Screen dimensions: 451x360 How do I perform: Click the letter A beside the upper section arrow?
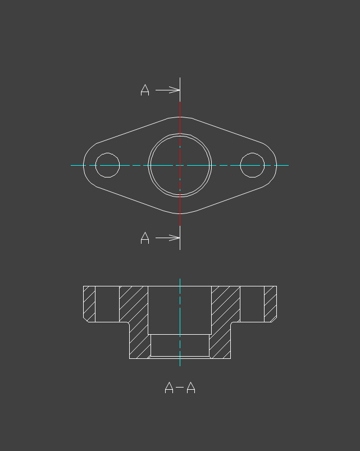pyautogui.click(x=145, y=90)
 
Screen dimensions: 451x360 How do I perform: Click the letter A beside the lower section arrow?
pyautogui.click(x=145, y=238)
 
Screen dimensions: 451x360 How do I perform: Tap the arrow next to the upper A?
pyautogui.click(x=168, y=90)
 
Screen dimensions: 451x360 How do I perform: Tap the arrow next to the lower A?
pyautogui.click(x=168, y=238)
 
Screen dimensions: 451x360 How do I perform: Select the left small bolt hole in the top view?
pyautogui.click(x=107, y=165)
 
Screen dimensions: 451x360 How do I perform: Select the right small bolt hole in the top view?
pyautogui.click(x=252, y=165)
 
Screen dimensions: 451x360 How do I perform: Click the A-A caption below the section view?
pyautogui.click(x=180, y=388)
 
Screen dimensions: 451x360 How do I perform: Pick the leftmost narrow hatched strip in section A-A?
pyautogui.click(x=89, y=303)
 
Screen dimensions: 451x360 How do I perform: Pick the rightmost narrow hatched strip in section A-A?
pyautogui.click(x=270, y=303)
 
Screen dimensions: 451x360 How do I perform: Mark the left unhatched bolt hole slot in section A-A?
pyautogui.click(x=107, y=304)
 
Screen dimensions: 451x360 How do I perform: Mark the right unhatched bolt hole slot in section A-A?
pyautogui.click(x=252, y=304)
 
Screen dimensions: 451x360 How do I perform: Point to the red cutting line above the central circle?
pyautogui.click(x=180, y=118)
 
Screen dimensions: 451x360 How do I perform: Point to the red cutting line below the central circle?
pyautogui.click(x=180, y=211)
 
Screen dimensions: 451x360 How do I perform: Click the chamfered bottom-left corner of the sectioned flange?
pyautogui.click(x=86, y=319)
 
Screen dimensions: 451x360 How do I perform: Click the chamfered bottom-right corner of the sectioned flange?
pyautogui.click(x=274, y=319)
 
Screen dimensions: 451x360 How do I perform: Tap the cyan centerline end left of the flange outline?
pyautogui.click(x=73, y=165)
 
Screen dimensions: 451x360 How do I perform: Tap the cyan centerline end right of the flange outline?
pyautogui.click(x=286, y=165)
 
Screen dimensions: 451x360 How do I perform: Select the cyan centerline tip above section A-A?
pyautogui.click(x=180, y=280)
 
